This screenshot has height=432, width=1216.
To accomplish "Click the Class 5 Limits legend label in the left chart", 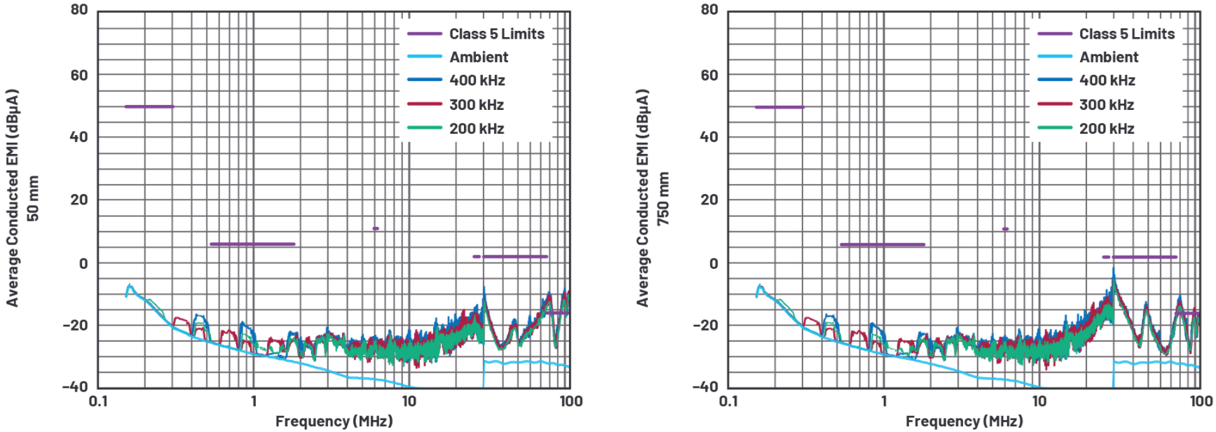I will pyautogui.click(x=496, y=34).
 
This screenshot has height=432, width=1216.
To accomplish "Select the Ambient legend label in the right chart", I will pyautogui.click(x=1109, y=57).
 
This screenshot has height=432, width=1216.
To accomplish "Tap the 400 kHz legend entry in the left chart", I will pyautogui.click(x=477, y=81).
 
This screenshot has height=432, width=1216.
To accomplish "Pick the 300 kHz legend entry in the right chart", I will pyautogui.click(x=1106, y=105).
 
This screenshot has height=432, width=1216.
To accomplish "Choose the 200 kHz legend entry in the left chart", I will pyautogui.click(x=477, y=129).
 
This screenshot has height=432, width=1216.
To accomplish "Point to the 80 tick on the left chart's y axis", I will pyautogui.click(x=79, y=10).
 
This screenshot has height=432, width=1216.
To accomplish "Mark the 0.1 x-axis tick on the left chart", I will pyautogui.click(x=98, y=401).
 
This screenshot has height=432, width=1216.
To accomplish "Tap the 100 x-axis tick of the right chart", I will pyautogui.click(x=1201, y=401).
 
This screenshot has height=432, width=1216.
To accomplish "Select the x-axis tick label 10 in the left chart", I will pyautogui.click(x=409, y=401).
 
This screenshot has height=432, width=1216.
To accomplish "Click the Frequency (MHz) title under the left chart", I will pyautogui.click(x=334, y=421).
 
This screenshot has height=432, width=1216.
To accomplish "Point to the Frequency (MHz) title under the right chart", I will pyautogui.click(x=964, y=421).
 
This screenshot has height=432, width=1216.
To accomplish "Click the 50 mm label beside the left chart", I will pyautogui.click(x=33, y=198).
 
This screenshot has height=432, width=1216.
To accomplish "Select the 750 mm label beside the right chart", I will pyautogui.click(x=663, y=198).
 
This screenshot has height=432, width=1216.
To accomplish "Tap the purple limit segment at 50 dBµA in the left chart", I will pyautogui.click(x=149, y=106).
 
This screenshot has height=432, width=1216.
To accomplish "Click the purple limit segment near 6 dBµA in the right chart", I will pyautogui.click(x=882, y=244).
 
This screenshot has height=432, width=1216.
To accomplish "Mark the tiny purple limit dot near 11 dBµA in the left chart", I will pyautogui.click(x=376, y=228).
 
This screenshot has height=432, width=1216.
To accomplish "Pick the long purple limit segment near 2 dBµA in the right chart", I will pyautogui.click(x=1145, y=257).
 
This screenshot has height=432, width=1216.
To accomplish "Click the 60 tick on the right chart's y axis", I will pyautogui.click(x=709, y=75).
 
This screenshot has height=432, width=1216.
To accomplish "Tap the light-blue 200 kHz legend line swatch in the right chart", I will pyautogui.click(x=1055, y=128).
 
